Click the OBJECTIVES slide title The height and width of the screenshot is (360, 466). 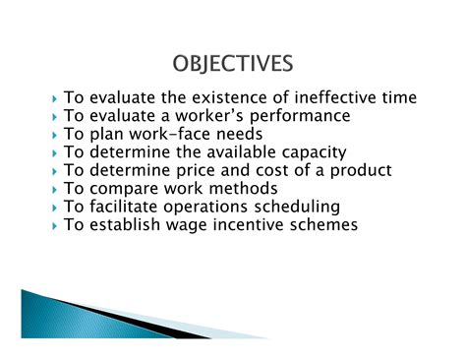232,65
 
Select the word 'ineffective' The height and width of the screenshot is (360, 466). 328,98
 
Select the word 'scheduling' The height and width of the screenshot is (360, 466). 294,207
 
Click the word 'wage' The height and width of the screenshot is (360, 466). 193,224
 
